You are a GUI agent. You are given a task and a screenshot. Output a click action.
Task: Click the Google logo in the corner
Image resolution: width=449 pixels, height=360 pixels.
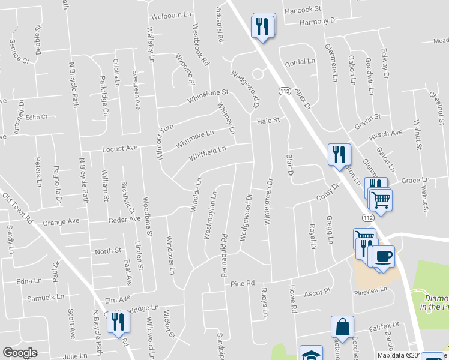[x=20, y=353]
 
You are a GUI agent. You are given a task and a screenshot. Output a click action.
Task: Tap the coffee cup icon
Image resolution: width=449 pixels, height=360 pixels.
[x=383, y=257]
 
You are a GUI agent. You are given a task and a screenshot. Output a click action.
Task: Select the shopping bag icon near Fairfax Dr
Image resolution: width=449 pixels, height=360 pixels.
[x=342, y=328]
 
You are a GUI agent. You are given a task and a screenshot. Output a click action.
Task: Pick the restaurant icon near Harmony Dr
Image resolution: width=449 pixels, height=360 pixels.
[x=262, y=26]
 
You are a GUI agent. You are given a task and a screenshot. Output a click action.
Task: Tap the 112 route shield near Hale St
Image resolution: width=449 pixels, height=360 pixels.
[x=285, y=90]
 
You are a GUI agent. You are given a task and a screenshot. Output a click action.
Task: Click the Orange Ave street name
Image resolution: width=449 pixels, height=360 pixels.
[x=61, y=221]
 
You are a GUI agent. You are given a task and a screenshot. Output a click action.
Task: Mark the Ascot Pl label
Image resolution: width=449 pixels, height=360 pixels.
[x=318, y=292]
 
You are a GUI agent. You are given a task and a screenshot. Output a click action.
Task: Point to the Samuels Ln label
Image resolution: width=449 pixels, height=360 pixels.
[x=45, y=297]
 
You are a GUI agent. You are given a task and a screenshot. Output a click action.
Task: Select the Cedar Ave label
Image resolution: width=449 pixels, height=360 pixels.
[x=124, y=220]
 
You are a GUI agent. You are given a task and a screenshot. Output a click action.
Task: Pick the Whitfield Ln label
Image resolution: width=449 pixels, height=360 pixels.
[x=208, y=153]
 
